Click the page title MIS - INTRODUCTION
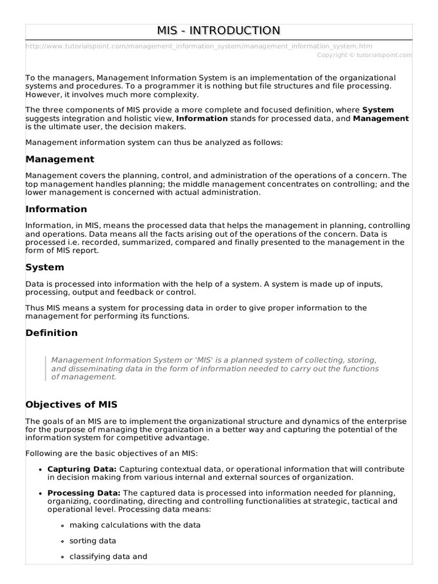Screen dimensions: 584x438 [x=219, y=30]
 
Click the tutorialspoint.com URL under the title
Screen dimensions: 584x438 [x=199, y=46]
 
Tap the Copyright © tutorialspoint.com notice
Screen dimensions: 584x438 [x=364, y=55]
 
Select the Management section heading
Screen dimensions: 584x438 [x=60, y=159]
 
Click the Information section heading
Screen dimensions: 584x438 [x=56, y=209]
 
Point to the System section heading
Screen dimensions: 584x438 [x=45, y=267]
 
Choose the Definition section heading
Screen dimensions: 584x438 [x=52, y=332]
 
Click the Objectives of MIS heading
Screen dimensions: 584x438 [x=71, y=404]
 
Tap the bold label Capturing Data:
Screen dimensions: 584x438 [x=82, y=469]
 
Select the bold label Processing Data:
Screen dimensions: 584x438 [x=84, y=493]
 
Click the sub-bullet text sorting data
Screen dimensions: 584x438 [x=93, y=541]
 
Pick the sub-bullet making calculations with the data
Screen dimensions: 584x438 [x=135, y=525]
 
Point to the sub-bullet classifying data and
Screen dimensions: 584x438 [x=108, y=557]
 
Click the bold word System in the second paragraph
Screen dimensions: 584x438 [x=378, y=109]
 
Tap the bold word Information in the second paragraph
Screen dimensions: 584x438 [x=202, y=118]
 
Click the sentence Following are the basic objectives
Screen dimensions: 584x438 [x=112, y=453]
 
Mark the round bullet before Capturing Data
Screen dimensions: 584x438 [x=40, y=469]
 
